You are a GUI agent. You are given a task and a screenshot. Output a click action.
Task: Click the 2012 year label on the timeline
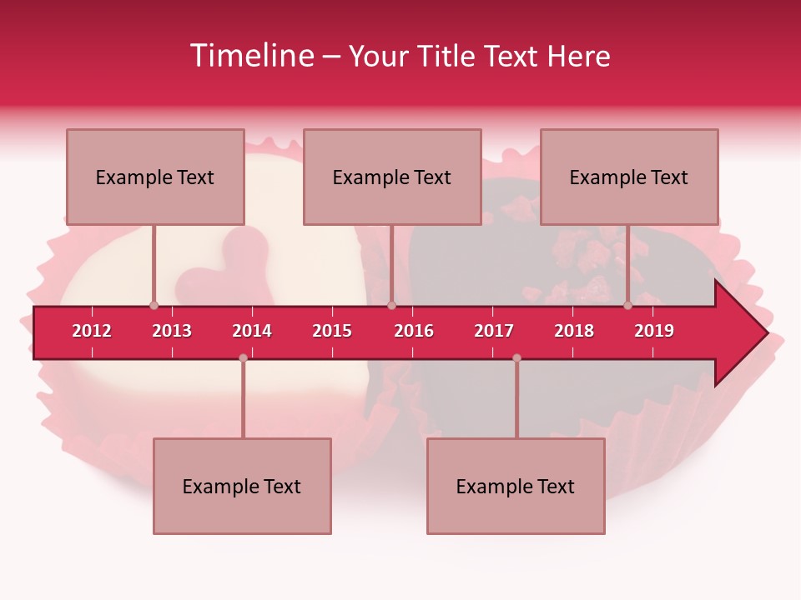(x=92, y=331)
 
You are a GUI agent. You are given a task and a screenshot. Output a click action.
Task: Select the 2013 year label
(x=172, y=331)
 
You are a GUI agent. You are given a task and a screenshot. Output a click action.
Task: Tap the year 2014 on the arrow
(x=252, y=331)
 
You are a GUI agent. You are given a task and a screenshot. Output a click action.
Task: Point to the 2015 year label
(x=332, y=331)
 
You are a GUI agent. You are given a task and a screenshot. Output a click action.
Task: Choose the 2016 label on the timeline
(x=414, y=331)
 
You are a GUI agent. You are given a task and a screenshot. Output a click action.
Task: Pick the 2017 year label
(x=494, y=331)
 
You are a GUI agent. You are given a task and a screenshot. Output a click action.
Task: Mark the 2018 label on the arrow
(x=574, y=331)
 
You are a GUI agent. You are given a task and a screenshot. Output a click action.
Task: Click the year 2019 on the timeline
(x=654, y=331)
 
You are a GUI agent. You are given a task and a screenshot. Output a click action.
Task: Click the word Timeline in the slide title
(x=253, y=56)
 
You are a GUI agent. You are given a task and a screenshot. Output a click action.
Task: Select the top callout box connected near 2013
(x=155, y=177)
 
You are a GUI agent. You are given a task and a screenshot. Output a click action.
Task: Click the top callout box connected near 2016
(x=392, y=177)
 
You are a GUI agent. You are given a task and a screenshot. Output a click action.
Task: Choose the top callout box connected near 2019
(x=629, y=177)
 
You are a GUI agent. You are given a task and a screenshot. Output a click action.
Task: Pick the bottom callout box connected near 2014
(x=242, y=486)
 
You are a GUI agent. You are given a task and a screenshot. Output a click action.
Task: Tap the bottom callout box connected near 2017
(x=516, y=486)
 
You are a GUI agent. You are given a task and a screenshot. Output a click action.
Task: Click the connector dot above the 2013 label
(x=154, y=306)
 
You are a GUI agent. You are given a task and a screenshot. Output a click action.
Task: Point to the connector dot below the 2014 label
(x=243, y=357)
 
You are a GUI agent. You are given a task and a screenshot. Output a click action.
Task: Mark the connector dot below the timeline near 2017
(x=516, y=357)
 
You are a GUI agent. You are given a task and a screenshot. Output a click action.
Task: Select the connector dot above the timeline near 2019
(x=627, y=306)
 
